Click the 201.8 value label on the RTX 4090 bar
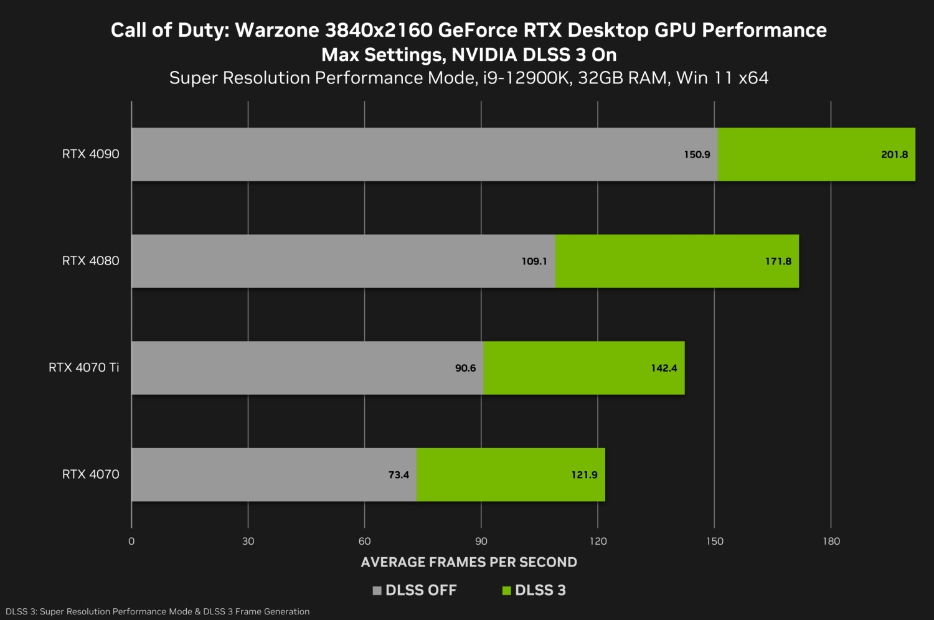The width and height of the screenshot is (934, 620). coord(894,154)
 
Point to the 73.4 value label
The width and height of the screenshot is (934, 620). coord(399,475)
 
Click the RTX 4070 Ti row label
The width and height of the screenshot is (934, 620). coord(83,367)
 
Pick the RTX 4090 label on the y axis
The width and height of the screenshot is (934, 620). coord(90,154)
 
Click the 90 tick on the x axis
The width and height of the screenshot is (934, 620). coord(481,541)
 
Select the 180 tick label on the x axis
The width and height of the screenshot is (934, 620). coord(831,541)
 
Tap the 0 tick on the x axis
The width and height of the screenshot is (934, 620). coord(131,541)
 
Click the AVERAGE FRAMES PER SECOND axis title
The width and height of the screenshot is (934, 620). coord(469,562)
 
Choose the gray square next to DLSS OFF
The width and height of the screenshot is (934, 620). coord(377,591)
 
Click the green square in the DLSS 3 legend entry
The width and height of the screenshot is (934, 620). coord(506,591)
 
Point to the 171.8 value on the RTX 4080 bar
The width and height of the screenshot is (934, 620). coord(778,261)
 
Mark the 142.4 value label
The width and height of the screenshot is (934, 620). coord(664,368)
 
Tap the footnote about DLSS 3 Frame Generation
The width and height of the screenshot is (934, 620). coord(158,611)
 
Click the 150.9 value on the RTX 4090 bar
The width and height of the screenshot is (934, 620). coord(697,154)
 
